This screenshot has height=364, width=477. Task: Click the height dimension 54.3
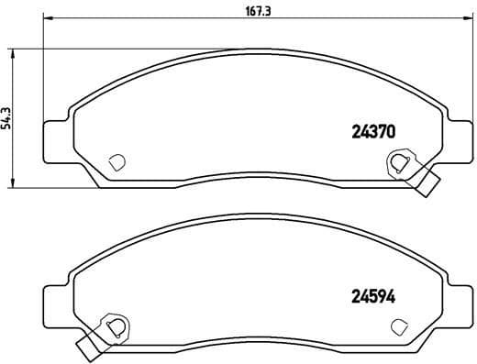point(7,118)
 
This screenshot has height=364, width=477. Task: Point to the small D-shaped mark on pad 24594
point(399,325)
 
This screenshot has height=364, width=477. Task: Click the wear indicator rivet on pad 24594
point(116,326)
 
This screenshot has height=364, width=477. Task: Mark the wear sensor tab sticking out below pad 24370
point(427,183)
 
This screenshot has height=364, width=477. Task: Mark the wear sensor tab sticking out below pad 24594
point(88,347)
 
